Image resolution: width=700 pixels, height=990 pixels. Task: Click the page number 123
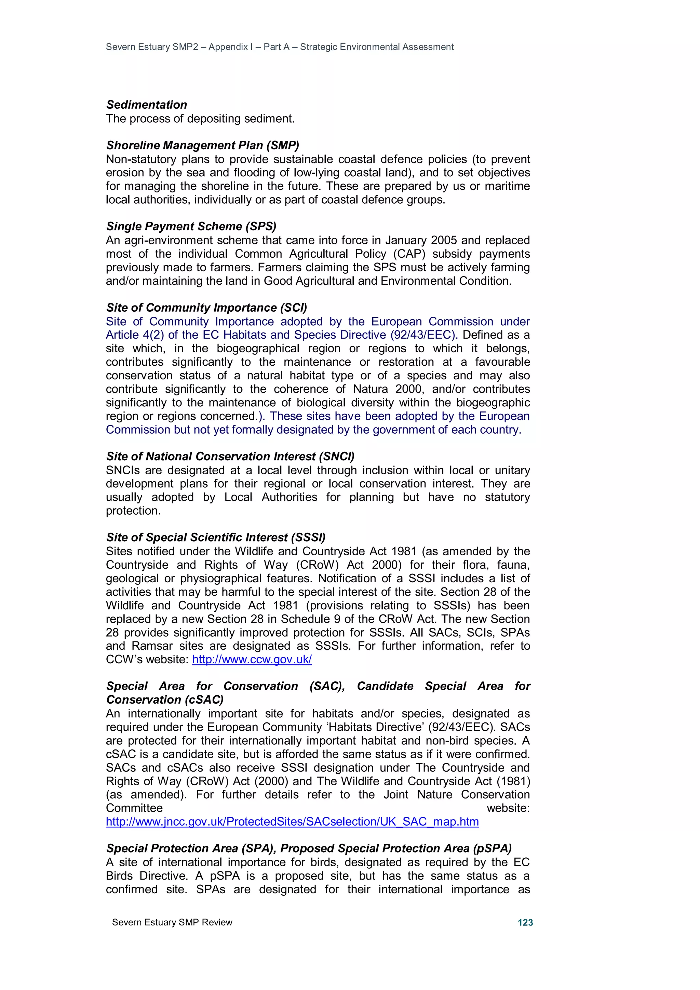tap(525, 922)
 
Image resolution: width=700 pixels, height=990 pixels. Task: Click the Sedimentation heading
tap(147, 105)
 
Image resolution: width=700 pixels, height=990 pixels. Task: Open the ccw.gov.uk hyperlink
tap(252, 659)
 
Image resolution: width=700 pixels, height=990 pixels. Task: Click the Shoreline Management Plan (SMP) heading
tap(202, 145)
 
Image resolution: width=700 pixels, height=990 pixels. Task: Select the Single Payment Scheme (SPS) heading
tap(191, 226)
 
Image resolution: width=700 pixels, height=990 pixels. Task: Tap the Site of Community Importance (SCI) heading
tap(206, 308)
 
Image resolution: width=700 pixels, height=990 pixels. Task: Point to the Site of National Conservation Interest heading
tap(230, 456)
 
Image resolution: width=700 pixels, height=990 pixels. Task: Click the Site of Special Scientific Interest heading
tap(216, 537)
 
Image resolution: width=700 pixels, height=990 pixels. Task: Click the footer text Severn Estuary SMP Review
tap(172, 922)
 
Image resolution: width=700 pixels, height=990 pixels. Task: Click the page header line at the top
tap(280, 47)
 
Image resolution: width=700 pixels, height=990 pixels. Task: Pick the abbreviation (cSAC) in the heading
tap(204, 700)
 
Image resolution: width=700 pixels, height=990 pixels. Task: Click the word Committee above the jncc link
tap(134, 808)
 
